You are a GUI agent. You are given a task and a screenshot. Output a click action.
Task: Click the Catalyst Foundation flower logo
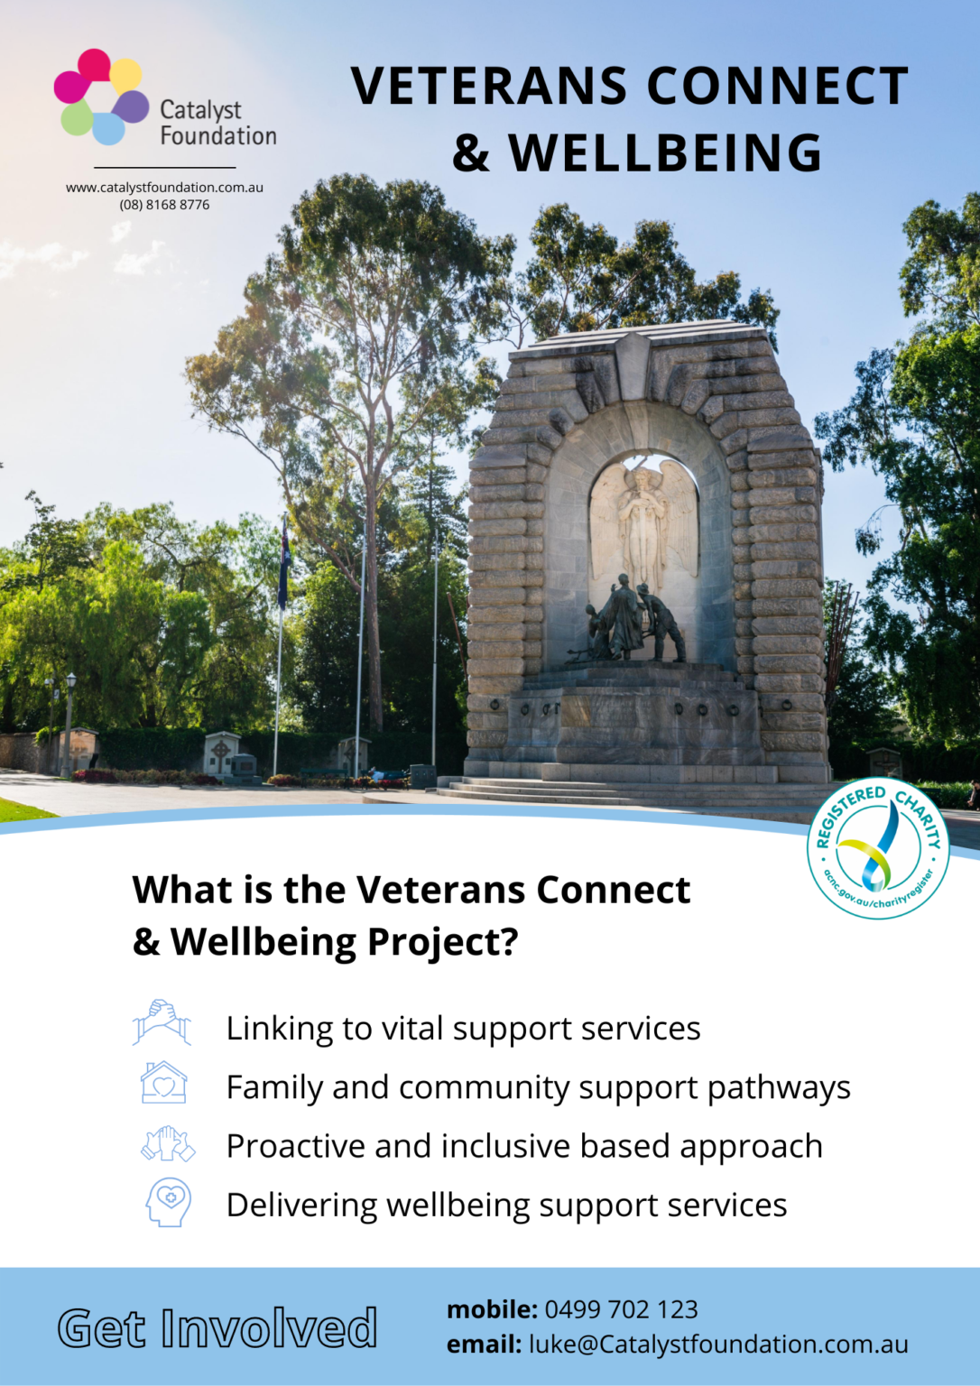point(101,97)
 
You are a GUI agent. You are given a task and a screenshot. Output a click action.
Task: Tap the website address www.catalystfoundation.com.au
point(164,188)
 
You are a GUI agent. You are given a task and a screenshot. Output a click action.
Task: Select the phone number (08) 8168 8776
point(164,205)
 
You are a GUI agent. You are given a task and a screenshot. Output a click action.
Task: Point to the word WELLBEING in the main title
point(666,153)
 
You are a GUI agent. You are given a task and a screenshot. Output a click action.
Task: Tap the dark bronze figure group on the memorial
point(632,621)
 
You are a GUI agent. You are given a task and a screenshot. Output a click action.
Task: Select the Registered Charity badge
point(878,848)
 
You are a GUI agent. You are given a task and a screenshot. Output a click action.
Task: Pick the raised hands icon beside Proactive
point(168,1144)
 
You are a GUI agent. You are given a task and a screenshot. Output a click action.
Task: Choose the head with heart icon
point(169,1202)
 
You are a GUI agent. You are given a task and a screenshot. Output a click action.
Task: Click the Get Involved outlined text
point(217,1328)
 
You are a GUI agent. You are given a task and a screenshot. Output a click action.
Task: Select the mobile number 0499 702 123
point(621,1309)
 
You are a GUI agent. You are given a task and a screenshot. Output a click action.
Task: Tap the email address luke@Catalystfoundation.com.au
point(718,1344)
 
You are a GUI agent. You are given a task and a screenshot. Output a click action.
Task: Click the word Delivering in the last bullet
point(301,1206)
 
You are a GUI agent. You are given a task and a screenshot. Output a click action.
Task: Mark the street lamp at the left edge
point(69,722)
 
